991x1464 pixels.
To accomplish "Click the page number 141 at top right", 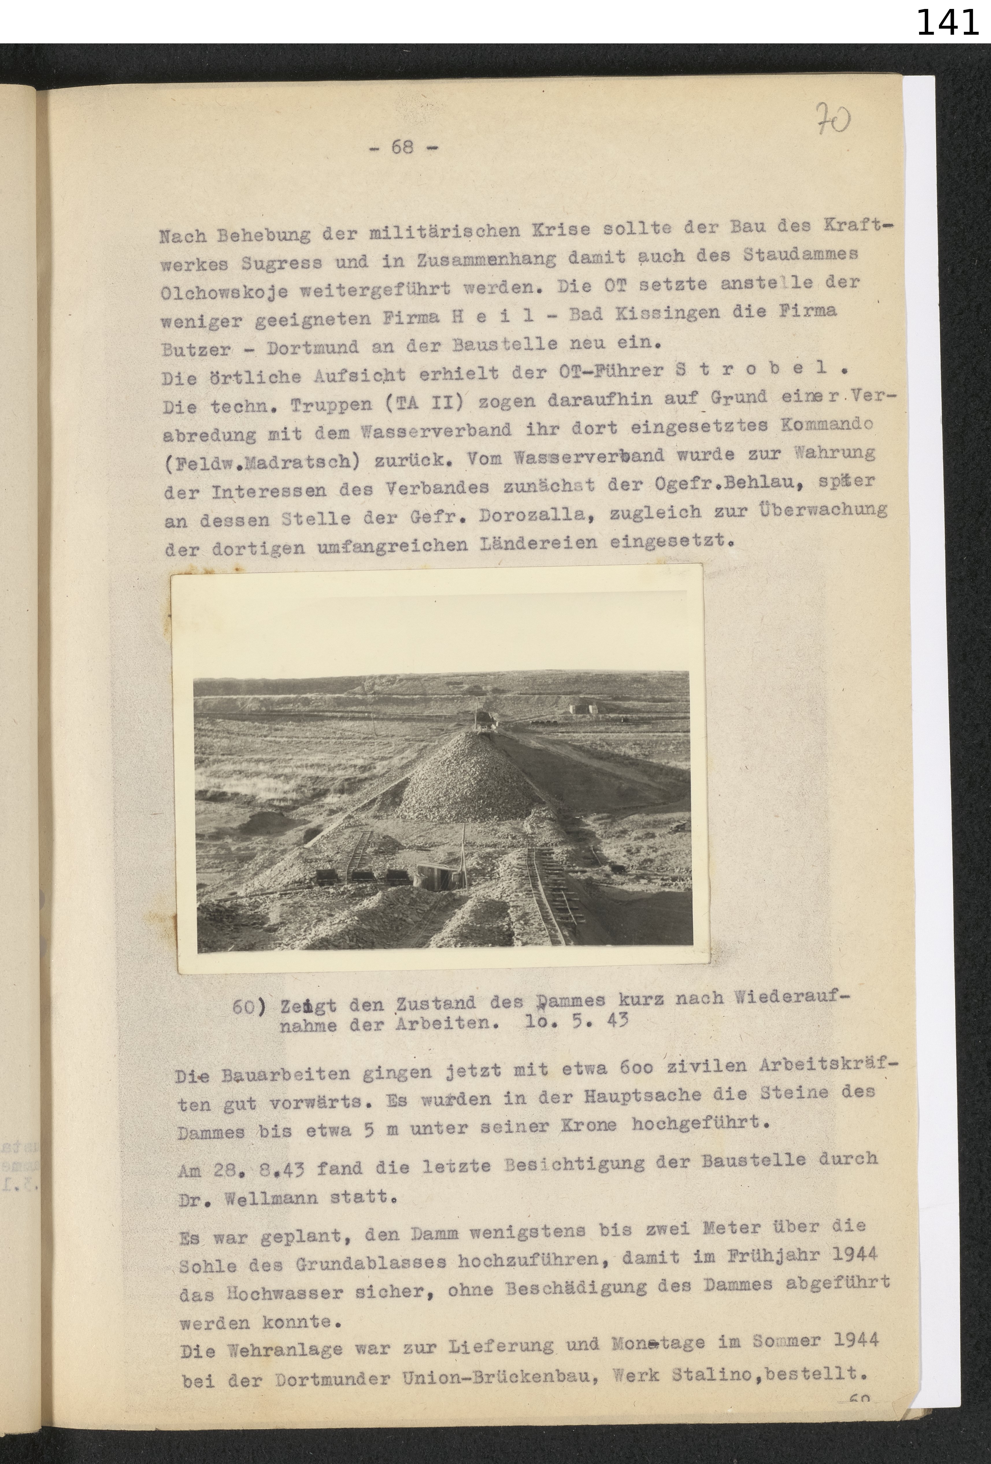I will pos(946,23).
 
